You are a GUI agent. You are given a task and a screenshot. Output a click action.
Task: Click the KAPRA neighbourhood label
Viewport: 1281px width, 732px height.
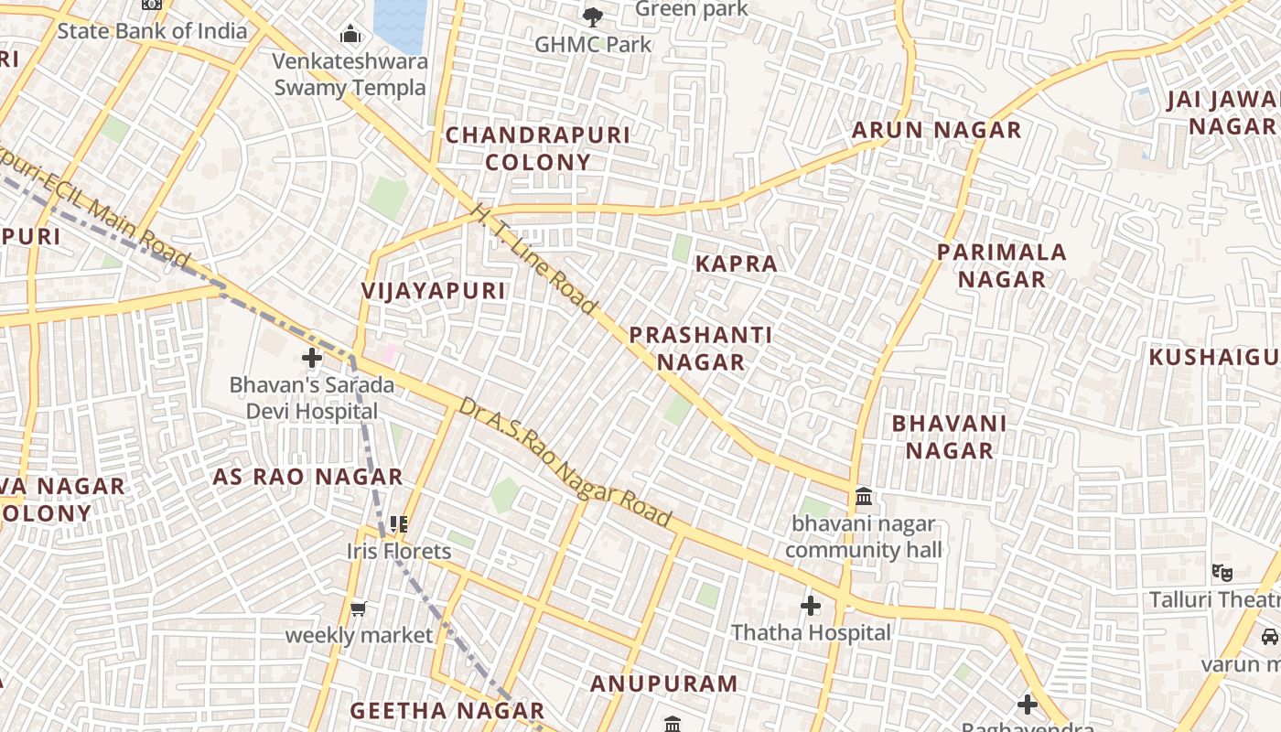coord(736,264)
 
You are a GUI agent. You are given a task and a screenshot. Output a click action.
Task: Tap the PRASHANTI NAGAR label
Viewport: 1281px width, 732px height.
coord(701,349)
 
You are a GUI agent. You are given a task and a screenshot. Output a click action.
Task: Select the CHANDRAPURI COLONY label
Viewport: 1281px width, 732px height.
coord(538,148)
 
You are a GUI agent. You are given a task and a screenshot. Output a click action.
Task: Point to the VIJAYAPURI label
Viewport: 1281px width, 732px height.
coord(434,291)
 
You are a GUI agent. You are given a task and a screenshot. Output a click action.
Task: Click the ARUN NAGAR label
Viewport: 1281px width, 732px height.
coord(936,130)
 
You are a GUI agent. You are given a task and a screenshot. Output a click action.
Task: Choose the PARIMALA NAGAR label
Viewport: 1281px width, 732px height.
coord(1002,265)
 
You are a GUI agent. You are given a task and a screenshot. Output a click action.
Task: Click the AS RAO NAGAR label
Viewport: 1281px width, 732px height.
coord(307,477)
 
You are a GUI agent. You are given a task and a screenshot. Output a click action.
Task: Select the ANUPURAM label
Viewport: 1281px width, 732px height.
coord(663,684)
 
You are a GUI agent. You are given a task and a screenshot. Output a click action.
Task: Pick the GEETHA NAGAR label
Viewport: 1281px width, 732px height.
coord(447,711)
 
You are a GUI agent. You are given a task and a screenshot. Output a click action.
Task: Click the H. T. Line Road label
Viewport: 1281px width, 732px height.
coord(533,259)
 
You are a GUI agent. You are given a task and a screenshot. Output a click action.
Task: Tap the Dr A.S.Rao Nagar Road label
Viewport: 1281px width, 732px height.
coord(565,462)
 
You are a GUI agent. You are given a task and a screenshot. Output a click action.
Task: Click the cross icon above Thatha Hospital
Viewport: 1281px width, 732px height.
coord(811,606)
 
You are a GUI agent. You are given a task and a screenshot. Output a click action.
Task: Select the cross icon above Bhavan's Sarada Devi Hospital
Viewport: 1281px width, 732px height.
coord(312,358)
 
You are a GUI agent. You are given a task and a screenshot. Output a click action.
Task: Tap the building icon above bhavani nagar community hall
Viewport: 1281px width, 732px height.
coord(863,498)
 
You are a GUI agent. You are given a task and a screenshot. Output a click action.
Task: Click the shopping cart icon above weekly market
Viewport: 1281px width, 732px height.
coord(359,608)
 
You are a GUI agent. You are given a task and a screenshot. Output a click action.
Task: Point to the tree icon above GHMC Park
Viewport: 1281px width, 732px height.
coord(593,16)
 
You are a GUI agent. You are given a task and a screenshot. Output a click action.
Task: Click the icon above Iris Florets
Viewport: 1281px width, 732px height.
coord(398,524)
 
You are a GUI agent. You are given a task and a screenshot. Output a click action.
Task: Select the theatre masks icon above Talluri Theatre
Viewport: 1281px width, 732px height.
coord(1222,573)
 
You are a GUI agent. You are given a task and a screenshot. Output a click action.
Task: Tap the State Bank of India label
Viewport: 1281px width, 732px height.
coord(152,31)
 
